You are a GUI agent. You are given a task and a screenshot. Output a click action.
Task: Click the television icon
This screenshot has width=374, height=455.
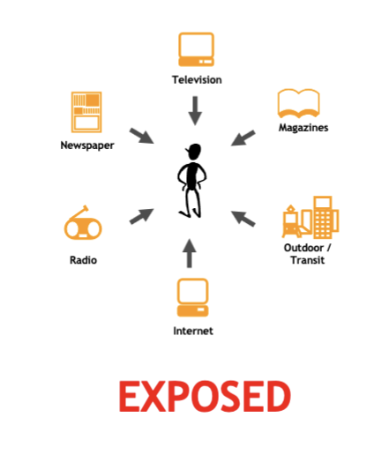[x=196, y=49]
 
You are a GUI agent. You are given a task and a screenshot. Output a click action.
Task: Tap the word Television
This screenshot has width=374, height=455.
[x=197, y=80]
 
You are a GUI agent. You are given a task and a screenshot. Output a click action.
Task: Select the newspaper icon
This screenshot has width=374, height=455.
[x=86, y=112]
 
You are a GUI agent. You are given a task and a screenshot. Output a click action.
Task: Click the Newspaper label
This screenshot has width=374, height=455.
[x=87, y=145]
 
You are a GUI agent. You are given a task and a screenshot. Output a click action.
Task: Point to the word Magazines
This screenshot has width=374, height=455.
[x=303, y=128]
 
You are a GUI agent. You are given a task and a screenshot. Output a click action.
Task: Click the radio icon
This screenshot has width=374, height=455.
[x=83, y=223]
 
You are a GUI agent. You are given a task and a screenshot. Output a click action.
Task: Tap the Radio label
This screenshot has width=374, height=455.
[x=83, y=260]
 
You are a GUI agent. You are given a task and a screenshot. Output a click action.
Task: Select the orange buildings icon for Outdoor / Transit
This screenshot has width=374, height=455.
[x=310, y=217]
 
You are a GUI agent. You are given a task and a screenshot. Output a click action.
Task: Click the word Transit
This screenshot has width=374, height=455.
[x=308, y=260]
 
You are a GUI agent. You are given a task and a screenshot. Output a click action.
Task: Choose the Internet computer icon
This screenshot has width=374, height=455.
[x=192, y=297]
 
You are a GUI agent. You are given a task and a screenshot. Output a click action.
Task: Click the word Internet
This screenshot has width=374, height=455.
[x=193, y=331]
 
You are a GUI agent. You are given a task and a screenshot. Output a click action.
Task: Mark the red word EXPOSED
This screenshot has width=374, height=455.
[x=205, y=396]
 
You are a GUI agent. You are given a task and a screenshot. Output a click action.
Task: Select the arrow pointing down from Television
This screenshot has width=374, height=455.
[x=195, y=111]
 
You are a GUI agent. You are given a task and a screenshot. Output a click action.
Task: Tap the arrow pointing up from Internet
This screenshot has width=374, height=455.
[x=190, y=253]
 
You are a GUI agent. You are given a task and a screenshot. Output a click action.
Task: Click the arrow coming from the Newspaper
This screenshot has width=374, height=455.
[x=142, y=136]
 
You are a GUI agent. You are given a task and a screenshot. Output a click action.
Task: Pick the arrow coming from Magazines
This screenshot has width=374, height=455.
[x=243, y=138]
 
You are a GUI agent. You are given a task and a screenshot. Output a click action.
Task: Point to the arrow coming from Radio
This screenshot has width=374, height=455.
[x=141, y=216]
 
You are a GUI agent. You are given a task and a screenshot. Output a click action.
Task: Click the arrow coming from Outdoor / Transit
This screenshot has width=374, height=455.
[x=243, y=219]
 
